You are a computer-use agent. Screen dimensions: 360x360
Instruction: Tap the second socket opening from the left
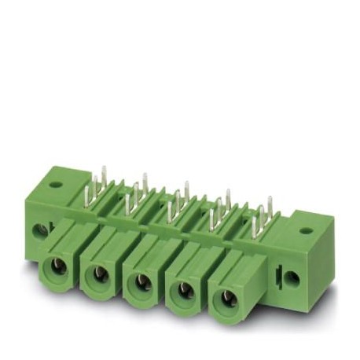(x=100, y=274)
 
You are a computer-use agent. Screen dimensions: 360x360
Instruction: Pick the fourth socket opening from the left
(x=186, y=291)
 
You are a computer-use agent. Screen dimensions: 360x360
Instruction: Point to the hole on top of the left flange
(x=55, y=186)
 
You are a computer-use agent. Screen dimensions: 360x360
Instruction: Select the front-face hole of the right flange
(x=291, y=277)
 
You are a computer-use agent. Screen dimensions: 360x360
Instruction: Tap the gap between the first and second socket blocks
(x=79, y=263)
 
